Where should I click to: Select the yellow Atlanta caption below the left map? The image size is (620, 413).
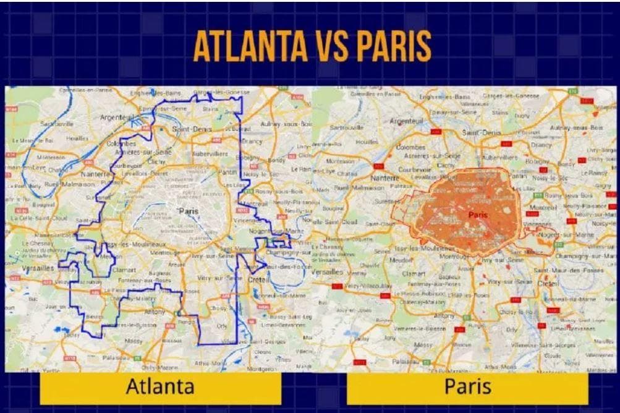(160, 387)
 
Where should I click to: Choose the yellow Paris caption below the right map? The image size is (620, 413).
(467, 387)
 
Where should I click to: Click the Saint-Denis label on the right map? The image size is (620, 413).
(482, 132)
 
